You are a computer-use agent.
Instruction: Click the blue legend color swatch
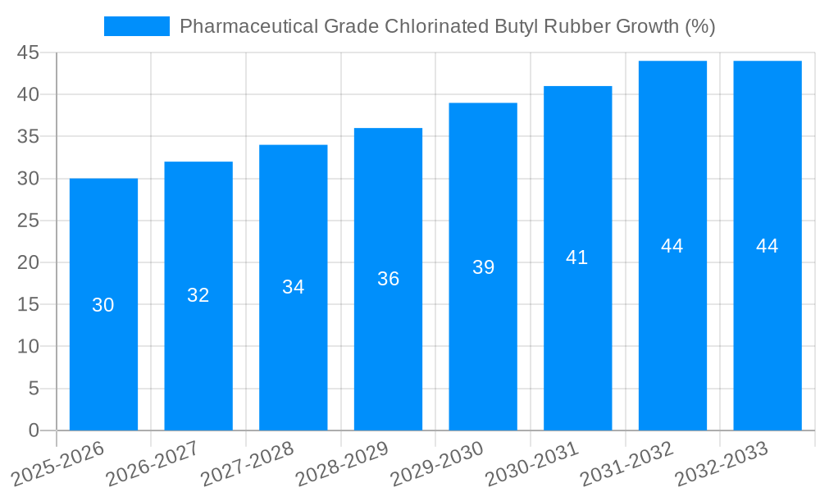pos(136,26)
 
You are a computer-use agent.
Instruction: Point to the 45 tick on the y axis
pos(28,53)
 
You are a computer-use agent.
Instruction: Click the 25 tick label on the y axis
pos(28,221)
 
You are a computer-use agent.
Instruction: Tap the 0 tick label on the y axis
pos(34,430)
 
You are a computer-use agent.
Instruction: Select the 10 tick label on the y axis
pos(28,347)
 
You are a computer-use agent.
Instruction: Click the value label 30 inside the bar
pos(103,305)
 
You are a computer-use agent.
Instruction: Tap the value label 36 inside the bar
pos(388,279)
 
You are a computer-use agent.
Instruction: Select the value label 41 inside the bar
pos(577,257)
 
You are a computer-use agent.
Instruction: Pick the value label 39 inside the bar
pos(483,267)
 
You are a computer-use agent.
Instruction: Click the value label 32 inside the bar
pos(198,295)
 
